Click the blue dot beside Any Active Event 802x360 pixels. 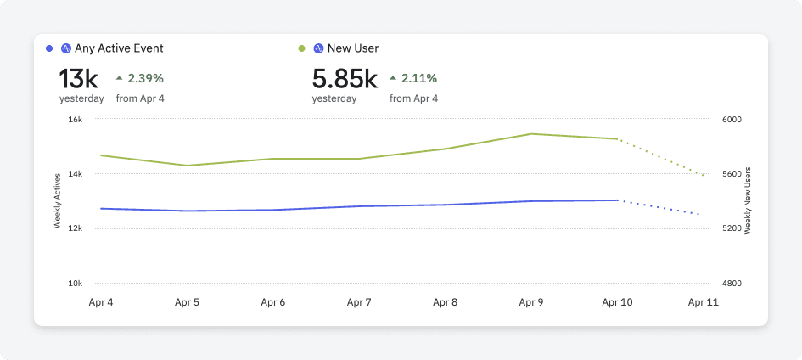click(49, 48)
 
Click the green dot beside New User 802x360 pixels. click(302, 48)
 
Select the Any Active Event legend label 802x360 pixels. click(119, 48)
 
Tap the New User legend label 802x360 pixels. click(353, 48)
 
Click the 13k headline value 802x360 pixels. click(79, 79)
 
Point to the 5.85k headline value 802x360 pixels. click(345, 79)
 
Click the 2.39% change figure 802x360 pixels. click(145, 78)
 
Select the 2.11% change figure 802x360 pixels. click(418, 78)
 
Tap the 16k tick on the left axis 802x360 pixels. click(75, 120)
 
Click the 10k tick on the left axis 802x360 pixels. click(75, 284)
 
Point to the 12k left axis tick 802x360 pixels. click(75, 228)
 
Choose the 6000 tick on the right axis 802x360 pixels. click(732, 120)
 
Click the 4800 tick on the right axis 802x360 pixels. click(732, 284)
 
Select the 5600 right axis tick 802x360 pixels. click(732, 174)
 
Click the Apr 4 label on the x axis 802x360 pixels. click(101, 302)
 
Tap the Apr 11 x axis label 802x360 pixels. click(703, 302)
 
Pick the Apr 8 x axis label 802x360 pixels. click(445, 302)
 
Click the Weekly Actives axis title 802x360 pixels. click(58, 200)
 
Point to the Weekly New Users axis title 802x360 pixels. click(749, 200)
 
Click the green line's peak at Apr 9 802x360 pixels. click(531, 133)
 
